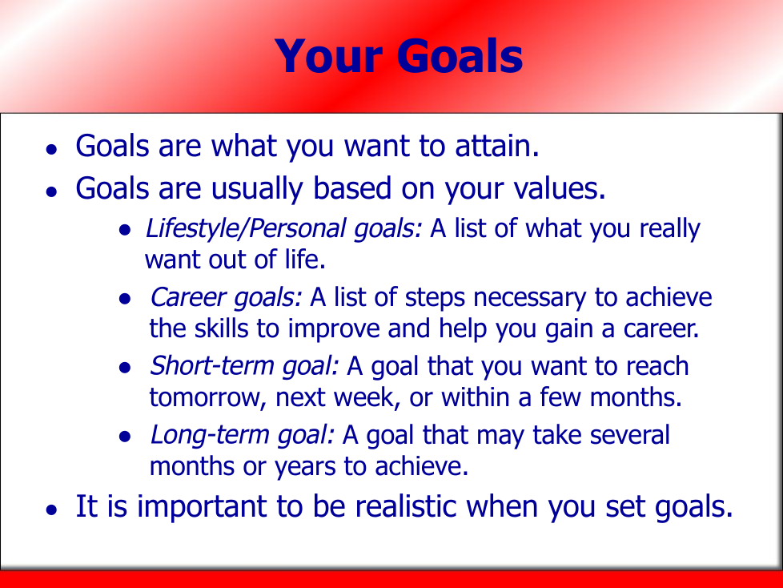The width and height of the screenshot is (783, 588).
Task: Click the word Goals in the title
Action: pyautogui.click(x=460, y=56)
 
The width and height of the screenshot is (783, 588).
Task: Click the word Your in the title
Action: pyautogui.click(x=329, y=56)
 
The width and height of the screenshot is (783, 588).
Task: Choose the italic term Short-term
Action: pyautogui.click(x=211, y=365)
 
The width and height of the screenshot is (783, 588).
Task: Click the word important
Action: pyautogui.click(x=202, y=507)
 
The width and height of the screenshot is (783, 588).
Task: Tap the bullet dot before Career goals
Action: pyautogui.click(x=125, y=300)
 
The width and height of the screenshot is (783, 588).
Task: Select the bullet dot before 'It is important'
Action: pyautogui.click(x=51, y=509)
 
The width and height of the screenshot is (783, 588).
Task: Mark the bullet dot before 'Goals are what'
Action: pyautogui.click(x=51, y=149)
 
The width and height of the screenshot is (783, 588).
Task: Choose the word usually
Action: pyautogui.click(x=257, y=189)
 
